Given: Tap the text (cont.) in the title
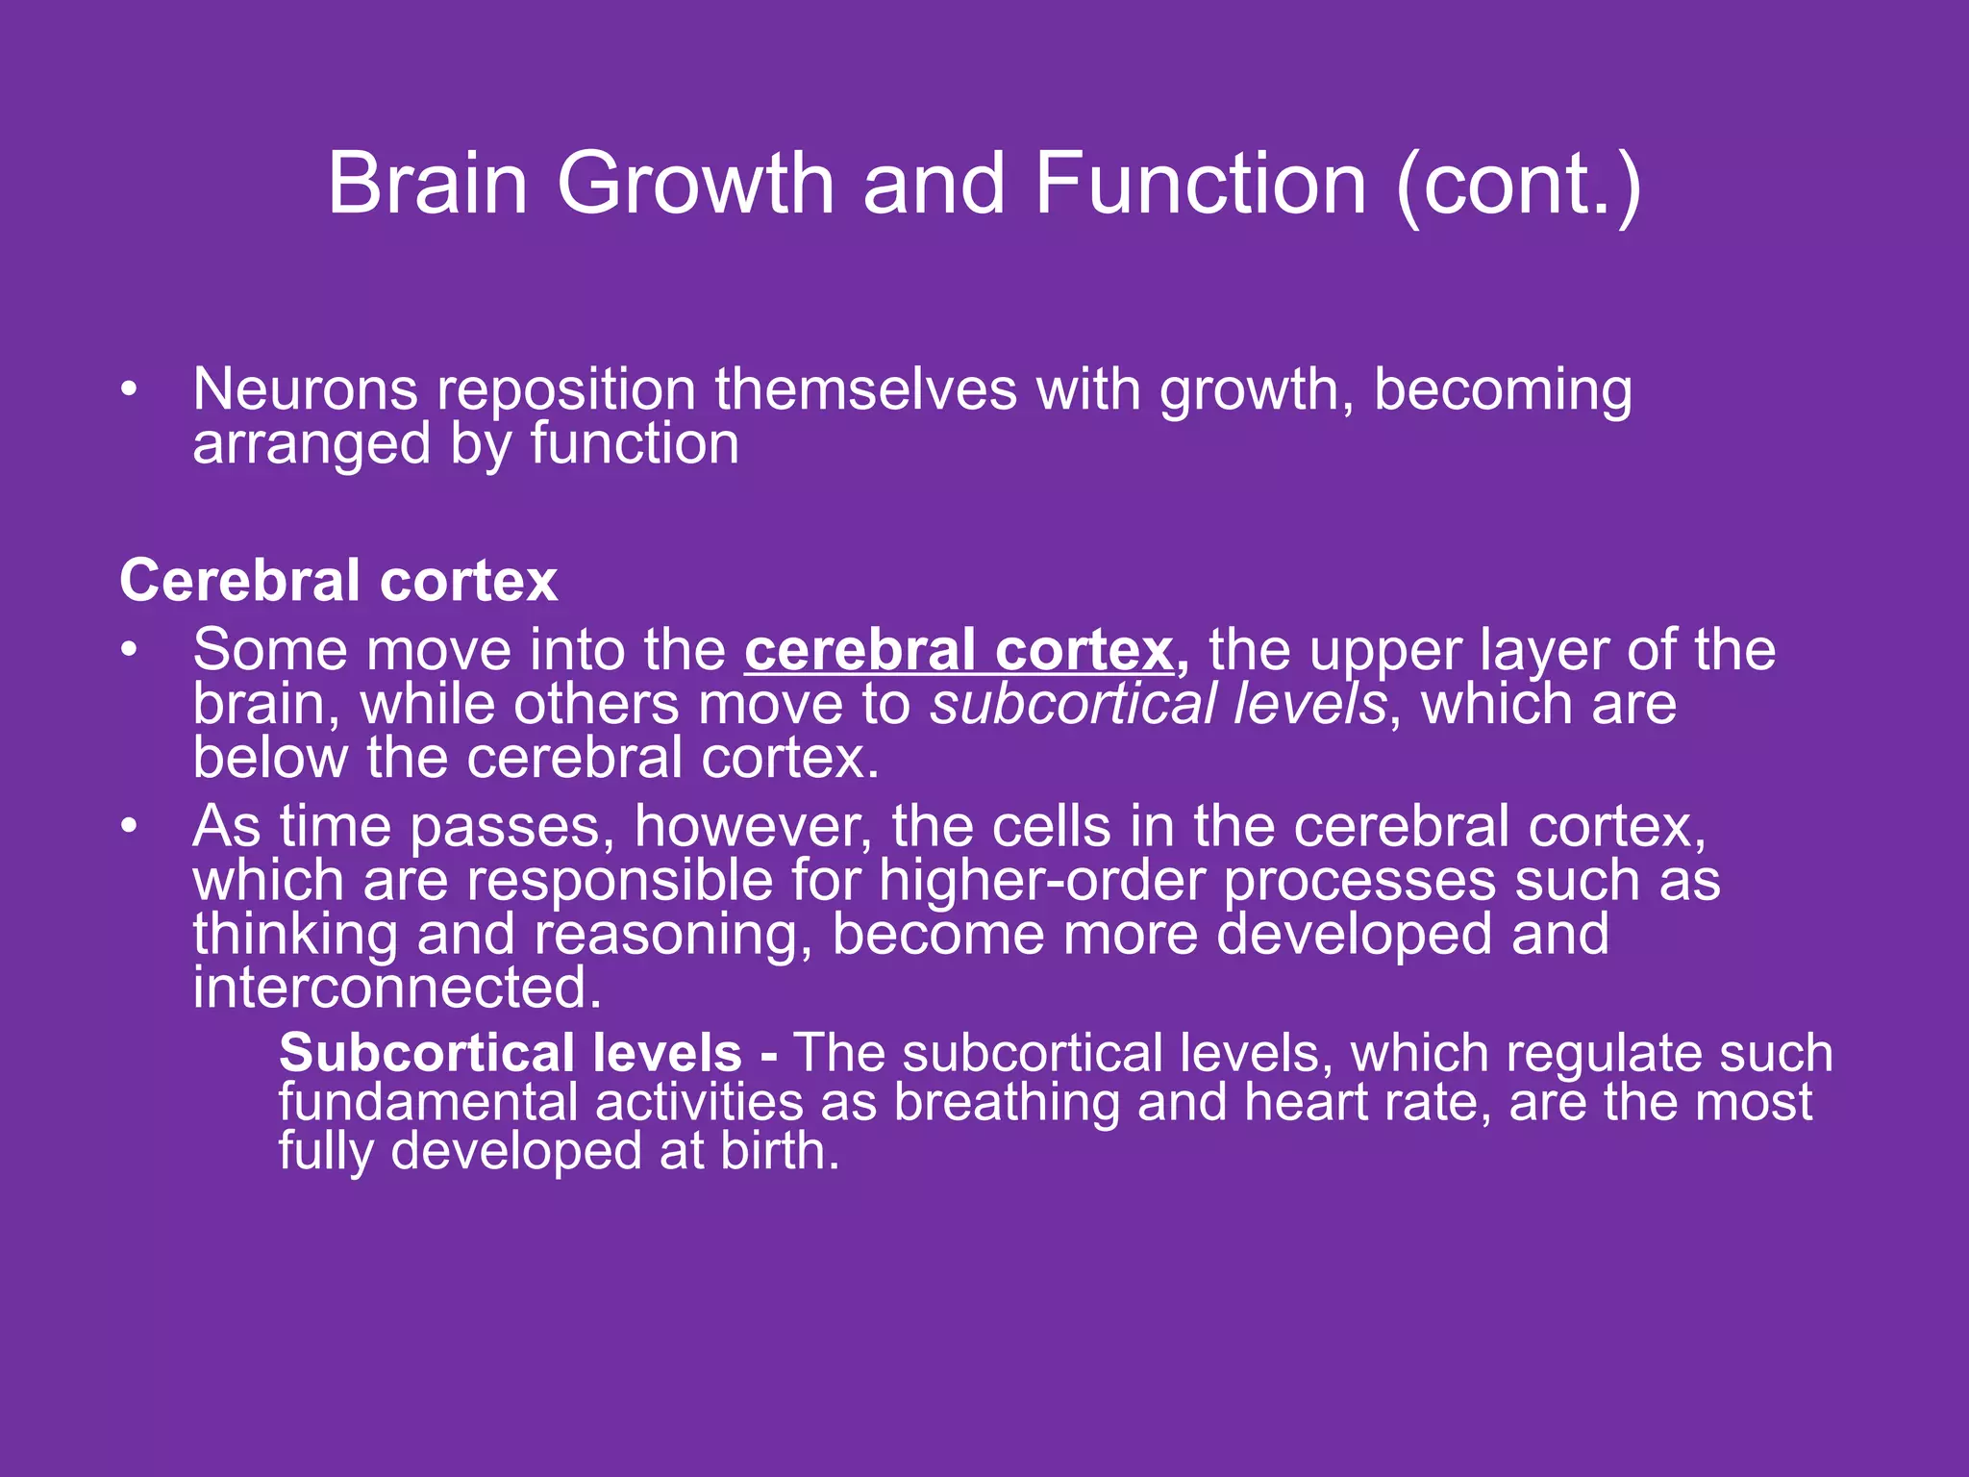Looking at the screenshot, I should [1519, 185].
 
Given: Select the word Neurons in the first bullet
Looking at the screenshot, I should [305, 390].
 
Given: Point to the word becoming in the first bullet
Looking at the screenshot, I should [1503, 392].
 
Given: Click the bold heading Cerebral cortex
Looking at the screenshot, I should [338, 581].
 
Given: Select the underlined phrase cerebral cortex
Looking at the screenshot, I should [959, 651].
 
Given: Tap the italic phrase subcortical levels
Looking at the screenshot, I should [1159, 705].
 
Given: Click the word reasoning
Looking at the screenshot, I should [665, 937].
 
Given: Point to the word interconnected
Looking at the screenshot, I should [396, 989].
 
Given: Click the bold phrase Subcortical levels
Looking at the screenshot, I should [511, 1053].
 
